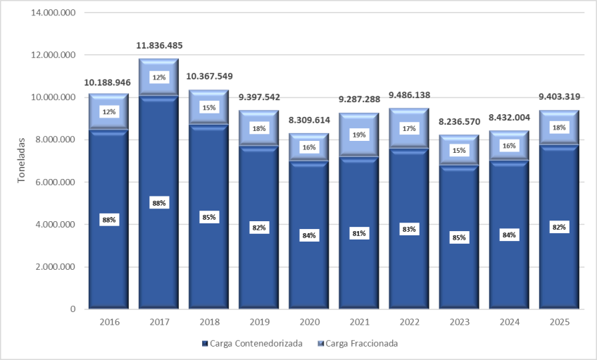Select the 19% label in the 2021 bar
[x=359, y=133]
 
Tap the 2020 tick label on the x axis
[x=309, y=322]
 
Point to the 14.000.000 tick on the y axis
[x=52, y=13]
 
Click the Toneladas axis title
[x=21, y=160]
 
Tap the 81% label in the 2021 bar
[x=359, y=233]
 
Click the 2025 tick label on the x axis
[x=559, y=322]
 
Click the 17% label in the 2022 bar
[x=409, y=128]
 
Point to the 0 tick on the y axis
[x=73, y=309]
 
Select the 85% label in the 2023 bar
[x=459, y=237]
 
